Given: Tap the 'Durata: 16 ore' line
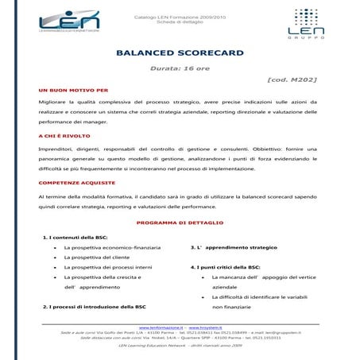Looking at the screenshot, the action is [179, 70].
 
